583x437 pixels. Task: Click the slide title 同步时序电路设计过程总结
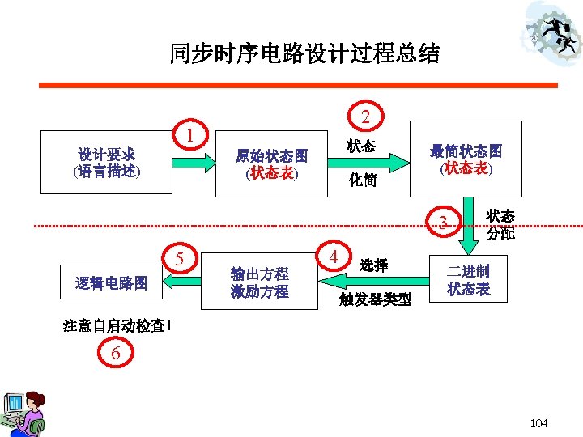pyautogui.click(x=304, y=53)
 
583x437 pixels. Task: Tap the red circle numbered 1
pyautogui.click(x=189, y=134)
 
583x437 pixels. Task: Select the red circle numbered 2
pyautogui.click(x=366, y=117)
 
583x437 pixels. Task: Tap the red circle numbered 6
pyautogui.click(x=117, y=352)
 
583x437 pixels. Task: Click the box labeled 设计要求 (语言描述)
pyautogui.click(x=107, y=162)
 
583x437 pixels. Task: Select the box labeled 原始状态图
pyautogui.click(x=271, y=163)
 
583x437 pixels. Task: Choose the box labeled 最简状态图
pyautogui.click(x=466, y=159)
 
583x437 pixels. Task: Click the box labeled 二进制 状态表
pyautogui.click(x=469, y=279)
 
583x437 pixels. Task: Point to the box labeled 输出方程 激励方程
pyautogui.click(x=259, y=282)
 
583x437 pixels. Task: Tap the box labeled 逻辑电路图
pyautogui.click(x=112, y=282)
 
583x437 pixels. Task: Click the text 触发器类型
pyautogui.click(x=376, y=299)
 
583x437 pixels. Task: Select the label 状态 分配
pyautogui.click(x=500, y=225)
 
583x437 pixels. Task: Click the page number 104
pyautogui.click(x=538, y=423)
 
